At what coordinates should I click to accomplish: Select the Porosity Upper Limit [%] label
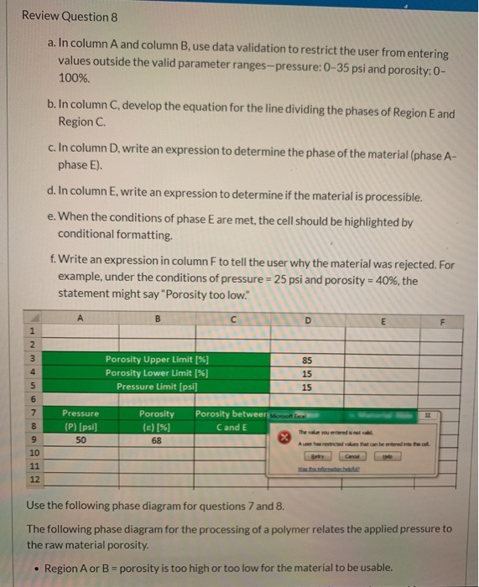click(x=157, y=359)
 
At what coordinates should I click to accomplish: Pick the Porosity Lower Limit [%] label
click(x=157, y=372)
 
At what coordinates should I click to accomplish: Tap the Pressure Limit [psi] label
click(x=157, y=386)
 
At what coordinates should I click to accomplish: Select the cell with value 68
click(x=158, y=440)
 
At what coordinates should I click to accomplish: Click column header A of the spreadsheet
click(x=80, y=319)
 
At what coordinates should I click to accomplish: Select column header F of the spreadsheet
click(x=447, y=319)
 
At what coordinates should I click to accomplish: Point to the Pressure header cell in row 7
click(x=80, y=413)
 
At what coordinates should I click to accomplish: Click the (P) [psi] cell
click(x=80, y=427)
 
